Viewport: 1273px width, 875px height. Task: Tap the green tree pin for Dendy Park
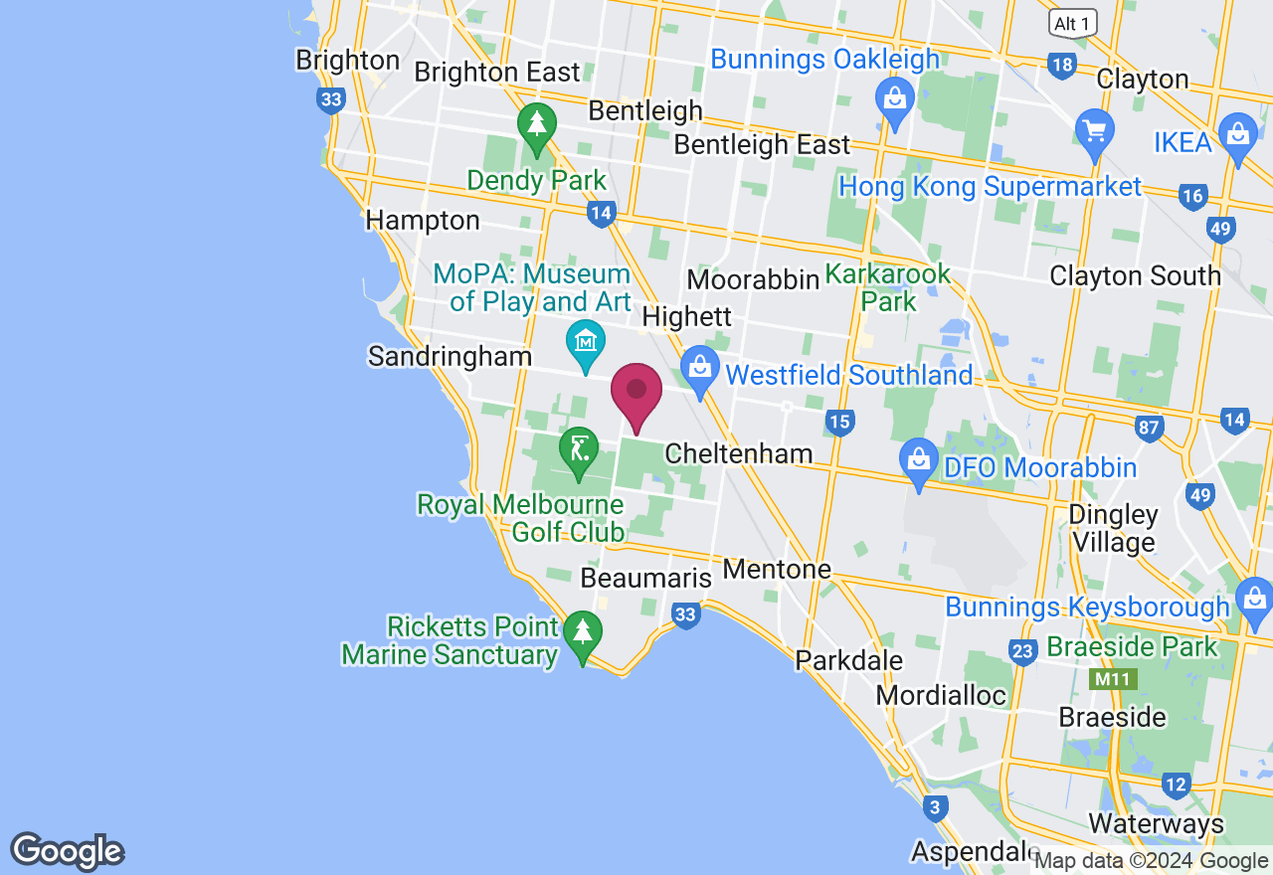tap(537, 126)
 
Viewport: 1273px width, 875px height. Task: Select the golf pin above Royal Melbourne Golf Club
tap(578, 450)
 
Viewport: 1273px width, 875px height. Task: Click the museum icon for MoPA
tap(586, 341)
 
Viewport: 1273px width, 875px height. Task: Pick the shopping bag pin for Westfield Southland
tap(700, 369)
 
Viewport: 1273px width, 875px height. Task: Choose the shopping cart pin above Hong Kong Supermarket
tap(1095, 131)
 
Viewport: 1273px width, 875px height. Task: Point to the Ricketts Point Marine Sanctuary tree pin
tap(583, 633)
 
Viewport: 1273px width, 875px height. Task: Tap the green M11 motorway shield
tap(1113, 680)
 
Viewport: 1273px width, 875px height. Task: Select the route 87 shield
tap(1150, 429)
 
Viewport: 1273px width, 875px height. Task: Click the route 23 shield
tap(1022, 651)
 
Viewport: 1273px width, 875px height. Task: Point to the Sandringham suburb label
tap(450, 356)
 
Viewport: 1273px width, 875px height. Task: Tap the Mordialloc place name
tap(941, 694)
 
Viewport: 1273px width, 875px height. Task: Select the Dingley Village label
tap(1113, 529)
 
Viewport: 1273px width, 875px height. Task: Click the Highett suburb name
tap(687, 317)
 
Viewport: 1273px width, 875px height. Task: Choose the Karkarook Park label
tap(888, 287)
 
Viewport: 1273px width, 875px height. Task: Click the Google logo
tap(67, 851)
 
